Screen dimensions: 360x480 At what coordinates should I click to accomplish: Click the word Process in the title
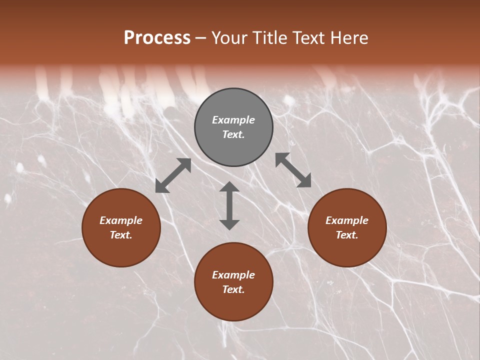pos(157,38)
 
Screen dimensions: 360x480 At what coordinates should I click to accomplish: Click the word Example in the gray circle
pos(233,120)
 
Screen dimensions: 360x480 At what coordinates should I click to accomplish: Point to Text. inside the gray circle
pos(233,134)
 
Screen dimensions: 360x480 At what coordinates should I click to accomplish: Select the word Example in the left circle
pos(121,220)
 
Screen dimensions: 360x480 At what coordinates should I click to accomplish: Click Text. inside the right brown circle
pos(347,235)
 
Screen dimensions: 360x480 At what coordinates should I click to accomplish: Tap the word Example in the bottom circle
pos(233,275)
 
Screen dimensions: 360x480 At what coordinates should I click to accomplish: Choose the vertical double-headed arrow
pos(229,205)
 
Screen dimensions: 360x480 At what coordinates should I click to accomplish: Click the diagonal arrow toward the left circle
pos(173,175)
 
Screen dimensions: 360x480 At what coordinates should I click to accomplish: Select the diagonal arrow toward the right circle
pos(293,170)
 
